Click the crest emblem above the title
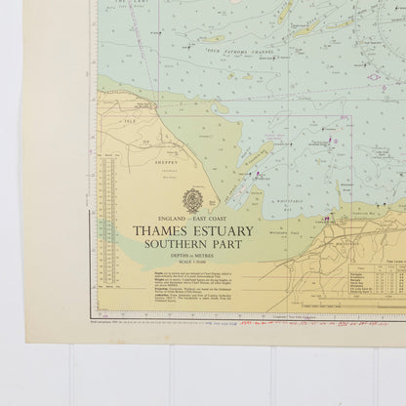[191, 201]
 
